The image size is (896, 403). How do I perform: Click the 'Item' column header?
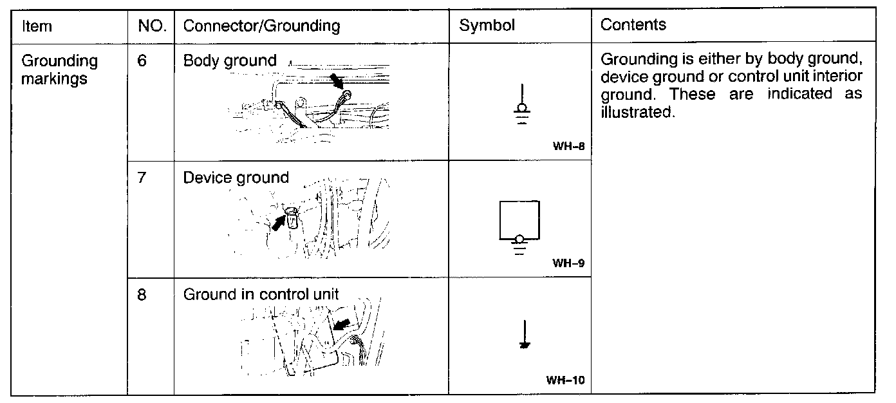pos(37,26)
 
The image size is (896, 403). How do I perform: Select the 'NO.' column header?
pos(152,26)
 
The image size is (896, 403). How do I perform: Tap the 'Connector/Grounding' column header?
pos(261,26)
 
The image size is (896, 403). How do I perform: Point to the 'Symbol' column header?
pos(487,26)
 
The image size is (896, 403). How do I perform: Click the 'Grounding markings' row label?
pos(59,70)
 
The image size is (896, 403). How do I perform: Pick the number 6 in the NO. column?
pos(143,61)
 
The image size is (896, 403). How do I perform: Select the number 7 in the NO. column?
pos(142,178)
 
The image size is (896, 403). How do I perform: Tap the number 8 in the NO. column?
pos(142,295)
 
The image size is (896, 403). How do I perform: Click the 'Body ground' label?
pos(230,61)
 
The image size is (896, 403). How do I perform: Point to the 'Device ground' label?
pos(236,178)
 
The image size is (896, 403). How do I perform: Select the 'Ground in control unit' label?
pos(261,295)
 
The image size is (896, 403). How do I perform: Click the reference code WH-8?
pos(568,146)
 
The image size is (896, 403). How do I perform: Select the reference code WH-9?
pos(568,263)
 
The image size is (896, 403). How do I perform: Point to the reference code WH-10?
pos(565,380)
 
